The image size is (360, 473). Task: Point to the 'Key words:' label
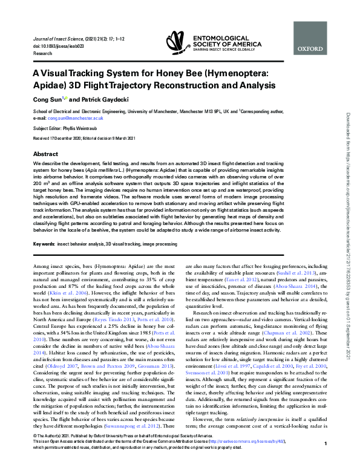[44, 243]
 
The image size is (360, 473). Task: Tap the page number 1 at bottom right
[326, 461]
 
